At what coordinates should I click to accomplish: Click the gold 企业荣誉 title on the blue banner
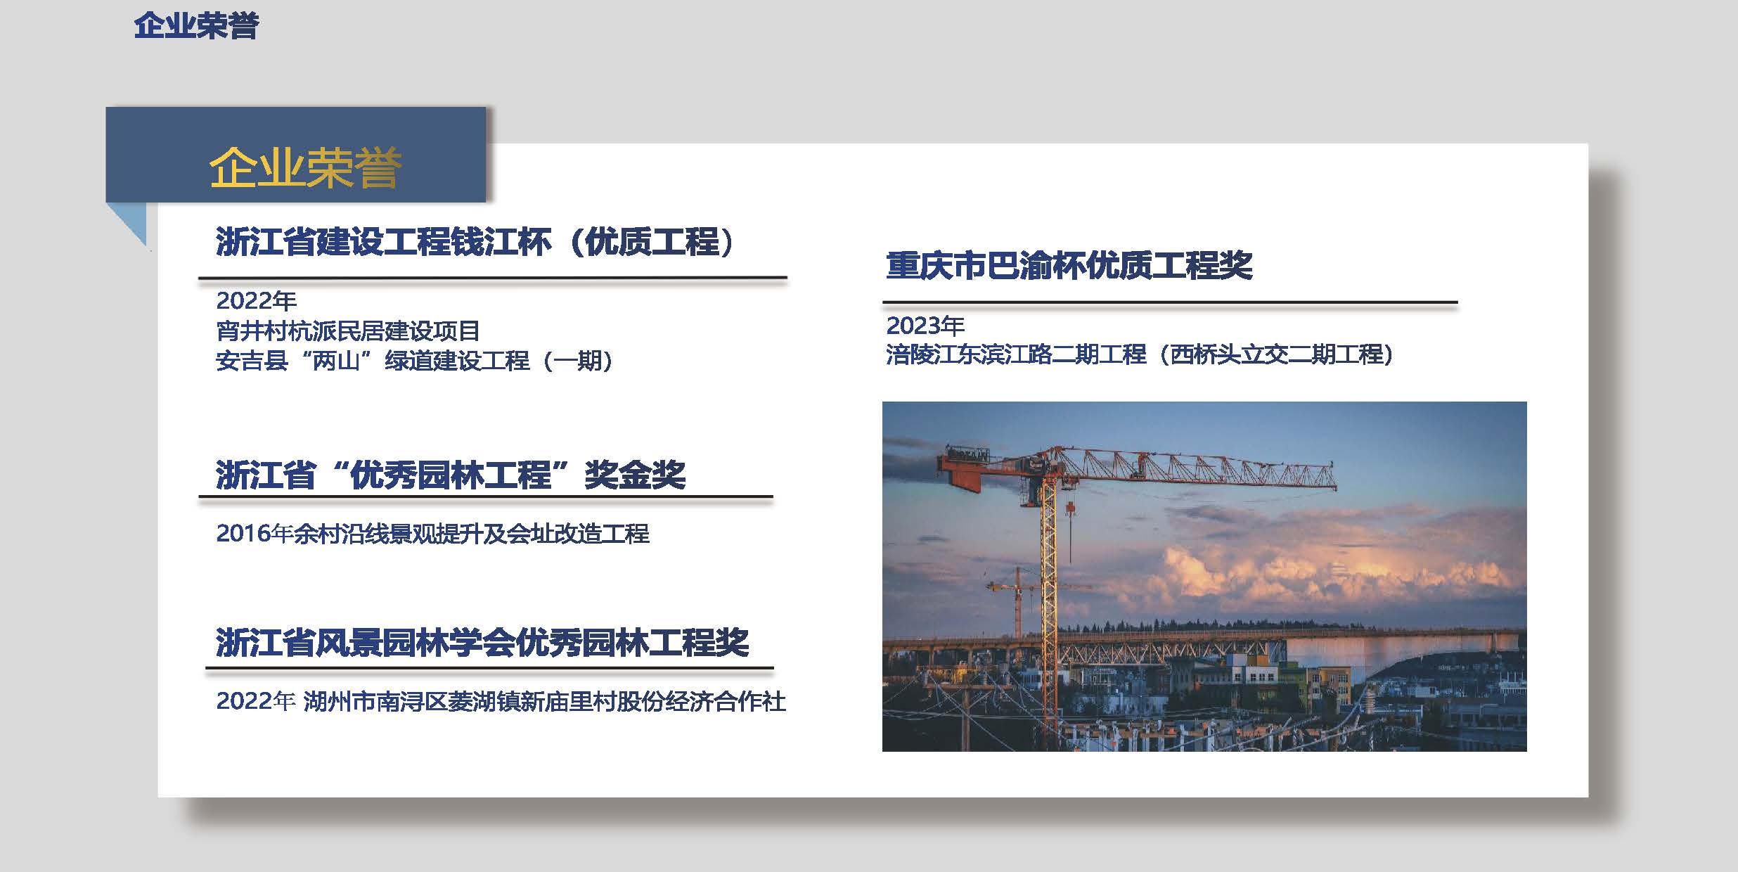(305, 167)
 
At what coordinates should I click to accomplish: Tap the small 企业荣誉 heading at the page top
(196, 25)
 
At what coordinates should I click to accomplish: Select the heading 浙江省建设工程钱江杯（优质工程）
(475, 242)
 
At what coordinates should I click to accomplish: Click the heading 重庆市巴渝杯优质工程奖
(1069, 266)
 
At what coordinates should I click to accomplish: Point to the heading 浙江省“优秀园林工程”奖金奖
(451, 475)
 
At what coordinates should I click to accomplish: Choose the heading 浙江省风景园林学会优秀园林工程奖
(482, 643)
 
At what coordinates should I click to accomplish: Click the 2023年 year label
(925, 326)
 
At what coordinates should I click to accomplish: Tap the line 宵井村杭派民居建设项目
(348, 331)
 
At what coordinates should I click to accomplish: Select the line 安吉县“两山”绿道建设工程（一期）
(415, 361)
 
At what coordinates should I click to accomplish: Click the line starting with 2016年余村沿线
(432, 534)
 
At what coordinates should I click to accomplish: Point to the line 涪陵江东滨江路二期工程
(1140, 354)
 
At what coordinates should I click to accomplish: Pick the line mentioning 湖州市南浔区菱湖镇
(501, 701)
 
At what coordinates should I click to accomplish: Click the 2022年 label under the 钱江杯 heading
(256, 301)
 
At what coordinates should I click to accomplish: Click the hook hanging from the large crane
(1070, 508)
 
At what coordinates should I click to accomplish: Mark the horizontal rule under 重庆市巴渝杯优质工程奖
(1170, 302)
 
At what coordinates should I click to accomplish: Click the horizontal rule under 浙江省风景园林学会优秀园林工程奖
(489, 667)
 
